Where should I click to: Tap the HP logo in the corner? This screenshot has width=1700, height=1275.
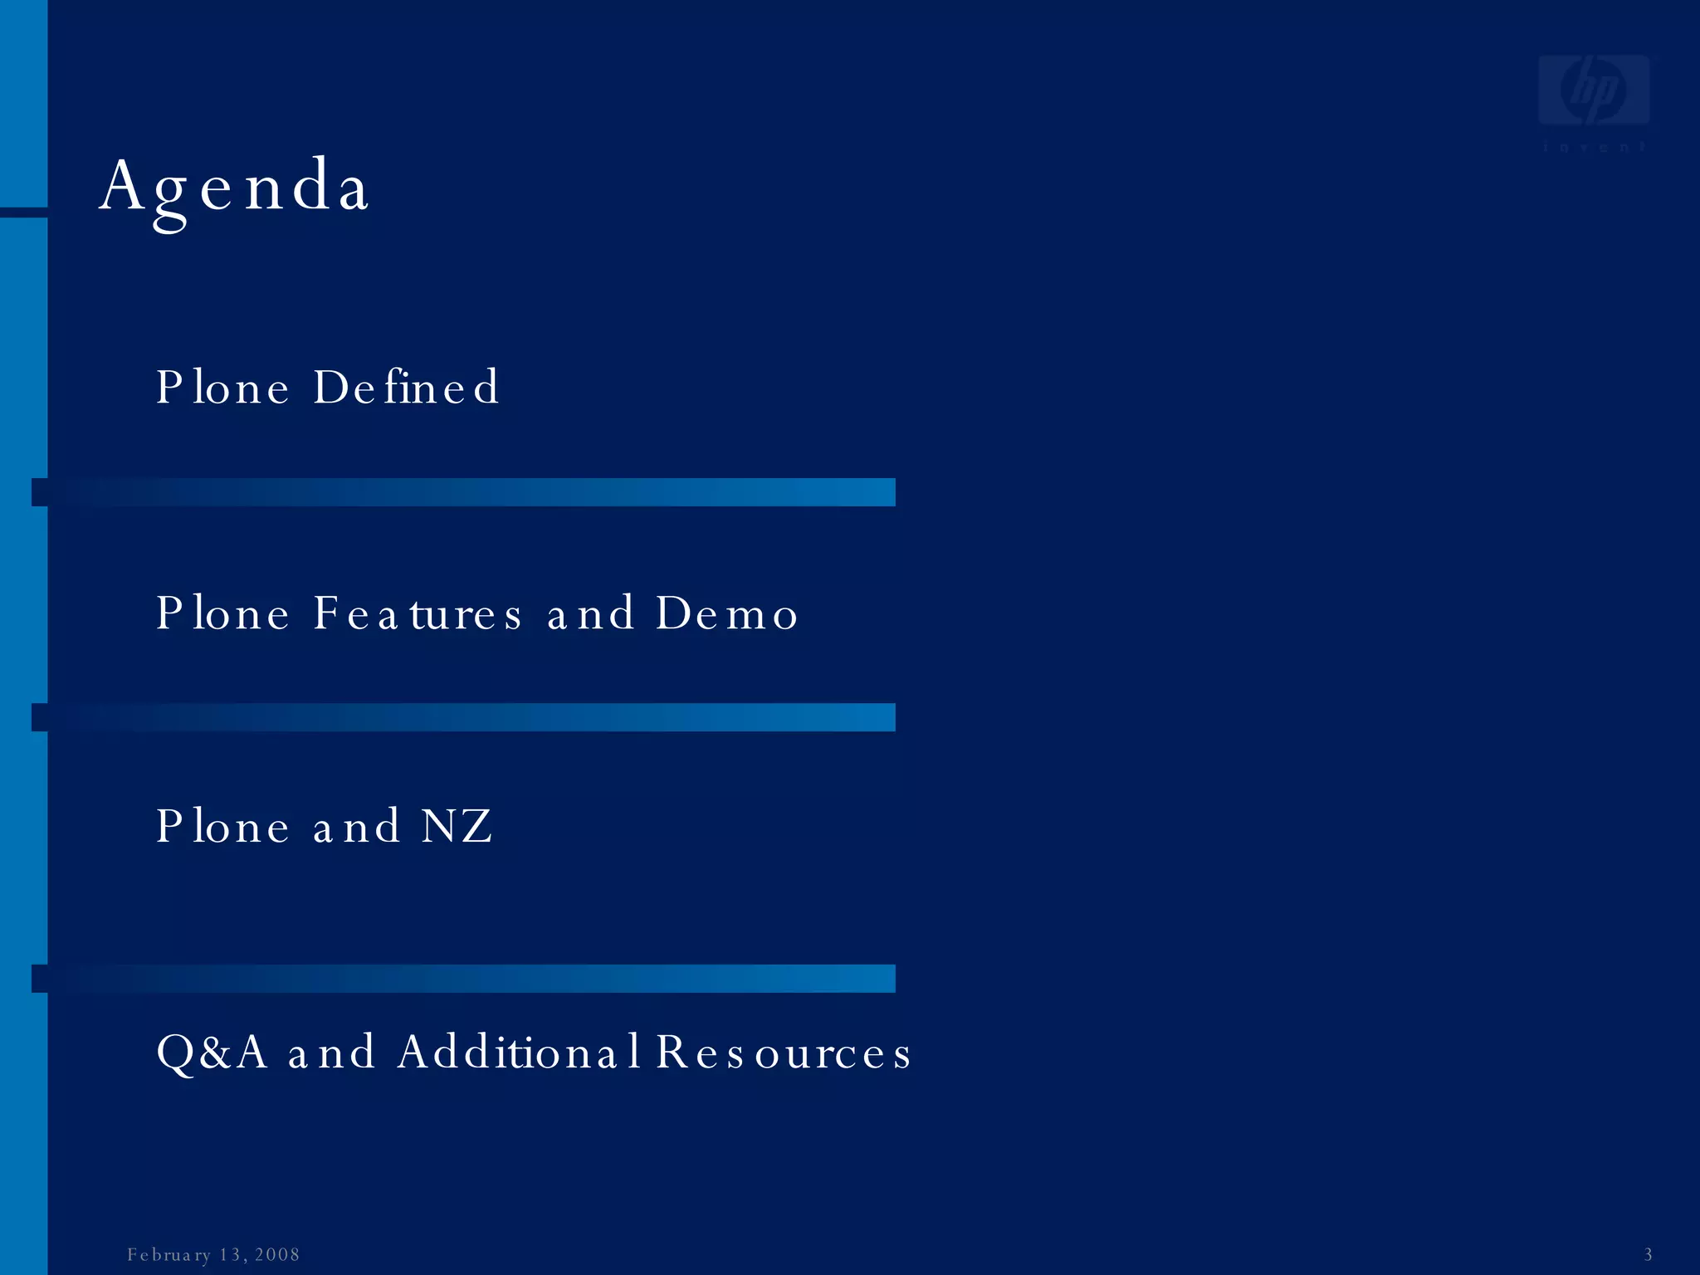1593,91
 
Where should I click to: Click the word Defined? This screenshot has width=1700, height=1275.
407,388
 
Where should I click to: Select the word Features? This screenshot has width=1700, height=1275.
418,614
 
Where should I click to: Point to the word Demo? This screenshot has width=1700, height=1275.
727,614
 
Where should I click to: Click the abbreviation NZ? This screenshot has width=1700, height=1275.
457,827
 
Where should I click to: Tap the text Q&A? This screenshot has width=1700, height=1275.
212,1053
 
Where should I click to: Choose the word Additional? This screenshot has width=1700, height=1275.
519,1053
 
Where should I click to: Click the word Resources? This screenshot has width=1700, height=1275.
784,1053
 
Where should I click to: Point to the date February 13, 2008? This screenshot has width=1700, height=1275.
213,1254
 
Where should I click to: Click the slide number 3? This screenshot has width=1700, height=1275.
1648,1254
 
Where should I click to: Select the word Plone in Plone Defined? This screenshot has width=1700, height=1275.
222,388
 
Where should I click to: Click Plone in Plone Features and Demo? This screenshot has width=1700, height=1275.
222,614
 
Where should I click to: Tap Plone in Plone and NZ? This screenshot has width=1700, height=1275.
222,827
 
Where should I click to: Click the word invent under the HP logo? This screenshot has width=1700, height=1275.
1593,147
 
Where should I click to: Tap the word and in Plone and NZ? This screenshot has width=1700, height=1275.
357,827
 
